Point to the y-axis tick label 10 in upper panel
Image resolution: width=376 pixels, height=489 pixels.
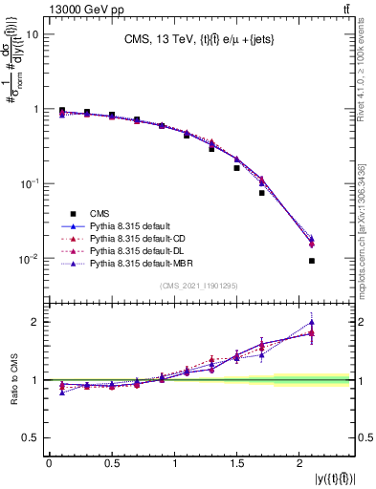[31, 34]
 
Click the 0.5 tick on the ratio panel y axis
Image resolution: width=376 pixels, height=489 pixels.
[31, 437]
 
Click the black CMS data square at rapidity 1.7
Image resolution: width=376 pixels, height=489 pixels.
[261, 193]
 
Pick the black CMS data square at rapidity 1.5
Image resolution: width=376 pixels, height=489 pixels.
[236, 168]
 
